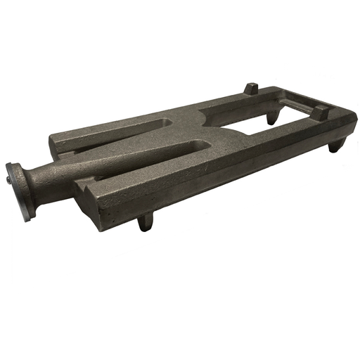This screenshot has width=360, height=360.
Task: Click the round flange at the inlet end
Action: coord(17,190)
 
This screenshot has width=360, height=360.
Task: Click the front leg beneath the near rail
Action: coord(146,221)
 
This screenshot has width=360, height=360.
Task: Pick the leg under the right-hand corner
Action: coord(337,145)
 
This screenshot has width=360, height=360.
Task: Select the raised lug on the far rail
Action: coord(251,89)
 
